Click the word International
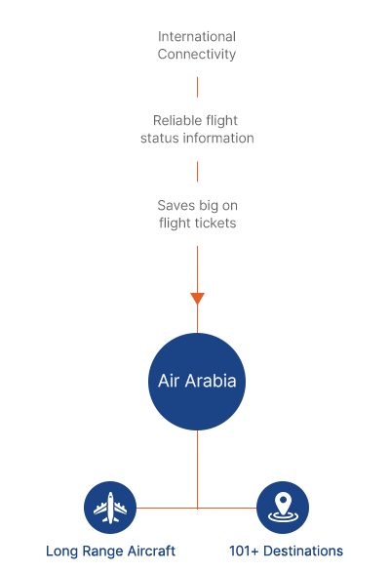(197, 36)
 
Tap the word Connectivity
(197, 55)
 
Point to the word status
(160, 139)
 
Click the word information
(218, 139)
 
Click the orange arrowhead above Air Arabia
(197, 299)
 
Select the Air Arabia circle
(197, 382)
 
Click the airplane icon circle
(110, 508)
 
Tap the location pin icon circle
(283, 508)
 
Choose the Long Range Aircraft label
(110, 552)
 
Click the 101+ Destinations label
(286, 551)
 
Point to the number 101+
(244, 551)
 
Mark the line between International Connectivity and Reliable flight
(197, 87)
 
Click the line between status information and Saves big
(197, 172)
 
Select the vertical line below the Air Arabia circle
(197, 470)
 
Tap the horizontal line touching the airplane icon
(167, 508)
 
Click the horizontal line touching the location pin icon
(227, 508)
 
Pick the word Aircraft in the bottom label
(151, 551)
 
